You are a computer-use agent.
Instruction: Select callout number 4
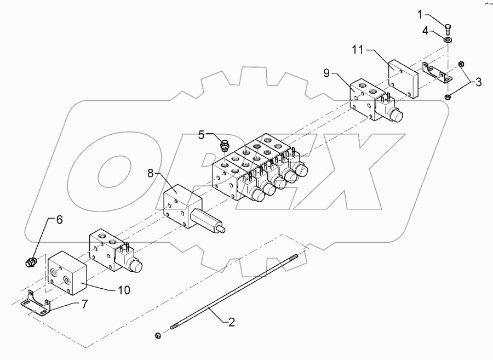point(426,33)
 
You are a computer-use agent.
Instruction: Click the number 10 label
point(124,290)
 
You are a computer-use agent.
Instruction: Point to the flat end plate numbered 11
point(403,78)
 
